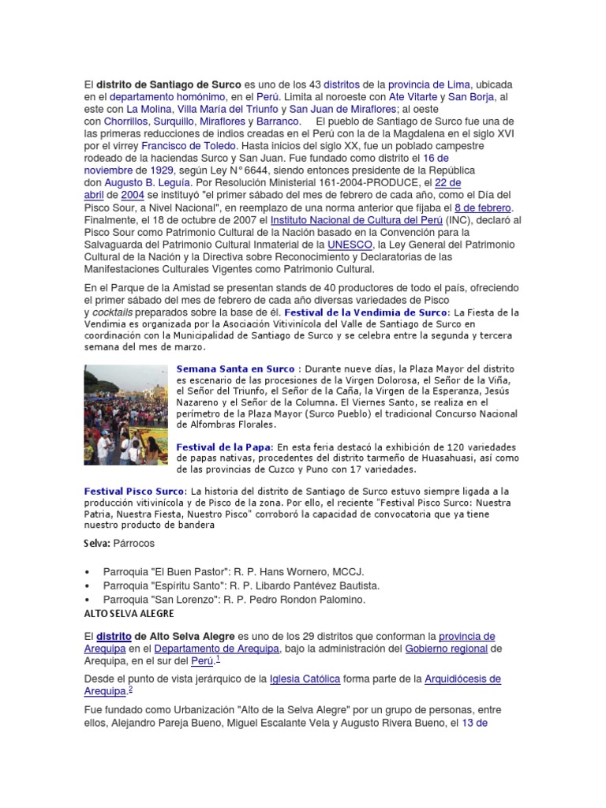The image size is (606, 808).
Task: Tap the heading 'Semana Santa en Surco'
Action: tap(234, 368)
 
